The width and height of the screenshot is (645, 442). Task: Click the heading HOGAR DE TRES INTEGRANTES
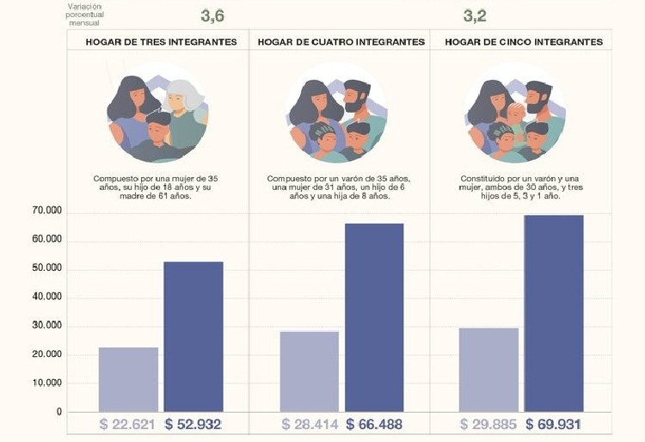click(161, 41)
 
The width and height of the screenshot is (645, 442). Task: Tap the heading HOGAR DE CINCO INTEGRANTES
click(523, 41)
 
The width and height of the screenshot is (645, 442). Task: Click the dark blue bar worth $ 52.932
click(193, 335)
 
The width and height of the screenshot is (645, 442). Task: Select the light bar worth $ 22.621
click(128, 378)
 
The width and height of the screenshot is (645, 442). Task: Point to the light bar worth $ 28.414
click(309, 371)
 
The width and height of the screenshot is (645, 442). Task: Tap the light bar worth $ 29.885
click(488, 369)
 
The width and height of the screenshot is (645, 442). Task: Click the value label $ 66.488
click(375, 425)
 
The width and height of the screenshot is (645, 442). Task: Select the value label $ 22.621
click(128, 425)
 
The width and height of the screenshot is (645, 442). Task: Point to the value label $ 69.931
click(554, 425)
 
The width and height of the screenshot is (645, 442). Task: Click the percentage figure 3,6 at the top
click(213, 15)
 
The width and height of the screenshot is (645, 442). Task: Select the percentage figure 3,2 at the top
click(475, 15)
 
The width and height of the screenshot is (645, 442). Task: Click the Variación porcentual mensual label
click(83, 15)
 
